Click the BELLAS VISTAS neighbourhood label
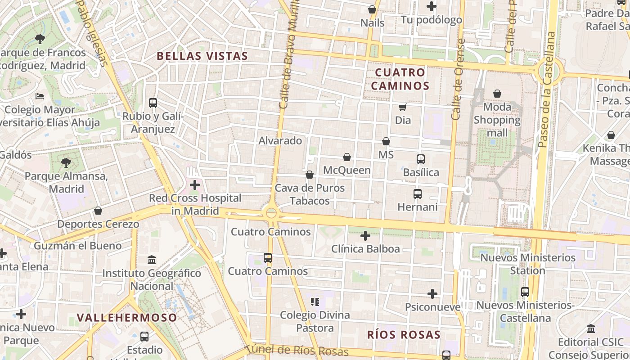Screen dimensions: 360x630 click(202, 56)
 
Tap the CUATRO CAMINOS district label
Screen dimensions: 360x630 click(400, 79)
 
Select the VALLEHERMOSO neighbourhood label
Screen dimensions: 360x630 click(127, 317)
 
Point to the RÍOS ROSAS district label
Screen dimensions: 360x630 click(404, 335)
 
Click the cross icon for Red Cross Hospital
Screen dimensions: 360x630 click(195, 185)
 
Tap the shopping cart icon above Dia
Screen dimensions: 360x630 click(403, 107)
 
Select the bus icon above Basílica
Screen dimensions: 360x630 click(421, 159)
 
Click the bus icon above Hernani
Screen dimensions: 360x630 click(418, 194)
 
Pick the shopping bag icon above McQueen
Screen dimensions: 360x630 click(347, 157)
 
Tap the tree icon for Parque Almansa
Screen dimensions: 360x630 click(66, 162)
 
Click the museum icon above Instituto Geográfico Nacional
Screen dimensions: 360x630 click(152, 260)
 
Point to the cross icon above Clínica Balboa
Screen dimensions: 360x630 click(365, 235)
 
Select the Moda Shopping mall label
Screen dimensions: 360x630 click(497, 120)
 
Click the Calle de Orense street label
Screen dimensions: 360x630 click(458, 80)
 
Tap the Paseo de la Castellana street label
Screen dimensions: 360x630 click(545, 90)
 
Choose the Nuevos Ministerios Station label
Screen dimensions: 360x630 click(528, 264)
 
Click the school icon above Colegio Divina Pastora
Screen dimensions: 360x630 click(315, 301)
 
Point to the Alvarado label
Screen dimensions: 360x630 click(280, 141)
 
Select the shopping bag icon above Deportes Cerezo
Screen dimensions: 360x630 click(98, 211)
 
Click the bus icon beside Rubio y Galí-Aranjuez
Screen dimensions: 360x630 click(153, 103)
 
